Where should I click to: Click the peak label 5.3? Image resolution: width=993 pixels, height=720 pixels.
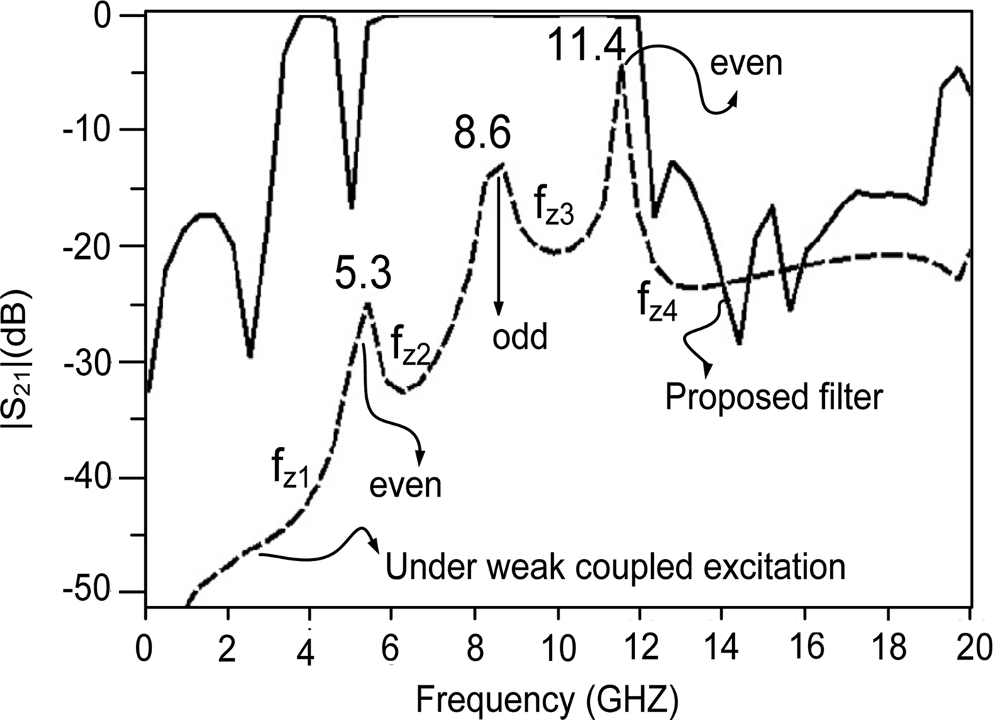point(362,275)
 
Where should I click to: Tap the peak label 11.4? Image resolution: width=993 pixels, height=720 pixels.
point(586,47)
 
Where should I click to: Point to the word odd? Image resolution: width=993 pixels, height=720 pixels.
point(521,337)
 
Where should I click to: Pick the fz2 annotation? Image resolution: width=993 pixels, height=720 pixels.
point(411,347)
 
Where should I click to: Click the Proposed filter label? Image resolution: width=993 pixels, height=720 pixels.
point(774,397)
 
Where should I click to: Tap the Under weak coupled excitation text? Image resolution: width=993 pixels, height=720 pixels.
point(615,567)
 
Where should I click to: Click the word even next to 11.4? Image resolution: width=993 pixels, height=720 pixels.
point(746,64)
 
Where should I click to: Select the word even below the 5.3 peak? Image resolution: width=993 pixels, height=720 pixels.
point(406,485)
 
